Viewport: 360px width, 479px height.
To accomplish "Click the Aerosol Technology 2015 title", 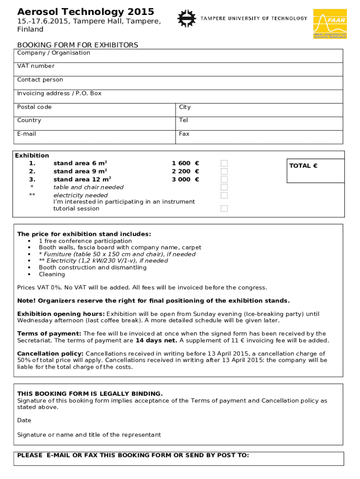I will click(x=86, y=12).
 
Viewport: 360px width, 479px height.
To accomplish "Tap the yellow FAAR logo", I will click(x=330, y=23).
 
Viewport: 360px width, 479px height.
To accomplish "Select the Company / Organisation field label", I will click(x=54, y=53).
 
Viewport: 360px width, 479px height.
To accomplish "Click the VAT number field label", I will click(x=36, y=66).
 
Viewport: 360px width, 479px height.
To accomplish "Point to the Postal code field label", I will click(x=34, y=107).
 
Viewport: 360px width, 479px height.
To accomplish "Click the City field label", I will click(x=185, y=107).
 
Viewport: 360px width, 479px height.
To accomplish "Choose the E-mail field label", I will click(x=27, y=134).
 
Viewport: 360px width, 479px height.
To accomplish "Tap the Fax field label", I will click(x=184, y=134).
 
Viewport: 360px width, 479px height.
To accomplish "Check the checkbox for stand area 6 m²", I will click(x=224, y=163).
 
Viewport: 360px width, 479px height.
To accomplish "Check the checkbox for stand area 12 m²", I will click(x=224, y=179).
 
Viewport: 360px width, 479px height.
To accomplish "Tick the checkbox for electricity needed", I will click(x=224, y=195).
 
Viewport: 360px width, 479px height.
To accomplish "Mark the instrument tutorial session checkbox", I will click(x=224, y=209).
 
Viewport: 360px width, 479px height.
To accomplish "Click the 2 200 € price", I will click(x=185, y=171).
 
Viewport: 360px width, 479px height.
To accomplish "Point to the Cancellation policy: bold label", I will click(x=50, y=354).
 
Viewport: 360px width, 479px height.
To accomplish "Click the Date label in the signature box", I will click(x=24, y=421).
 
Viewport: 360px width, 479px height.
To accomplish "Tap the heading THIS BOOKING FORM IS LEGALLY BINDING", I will click(x=90, y=393).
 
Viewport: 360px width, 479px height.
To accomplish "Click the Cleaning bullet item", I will click(x=52, y=275).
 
